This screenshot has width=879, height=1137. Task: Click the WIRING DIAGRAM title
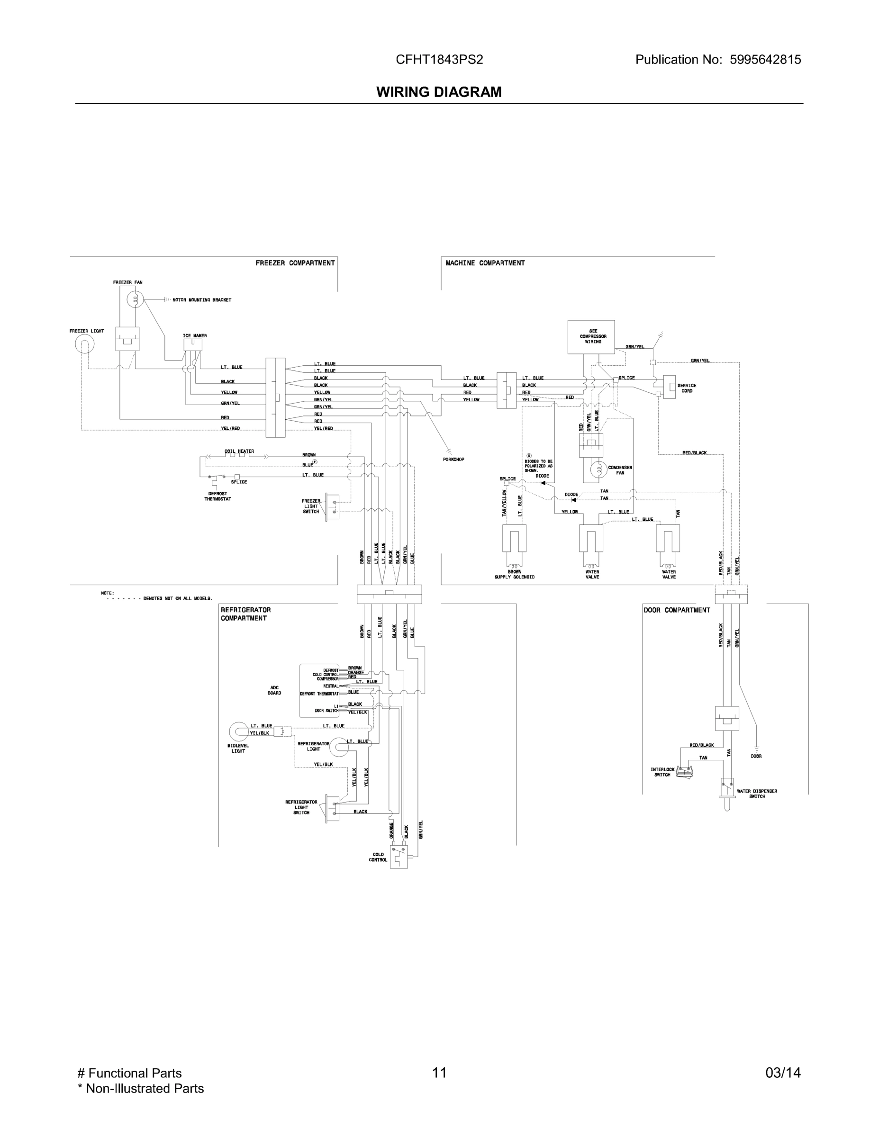click(439, 92)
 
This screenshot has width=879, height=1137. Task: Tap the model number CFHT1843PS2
click(439, 60)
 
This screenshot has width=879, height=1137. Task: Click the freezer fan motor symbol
click(135, 299)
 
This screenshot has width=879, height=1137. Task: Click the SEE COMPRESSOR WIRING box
click(590, 336)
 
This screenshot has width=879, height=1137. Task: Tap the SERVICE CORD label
click(686, 388)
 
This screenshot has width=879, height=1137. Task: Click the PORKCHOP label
click(453, 459)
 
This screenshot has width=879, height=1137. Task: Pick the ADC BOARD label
click(274, 690)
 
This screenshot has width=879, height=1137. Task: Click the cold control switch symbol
click(399, 855)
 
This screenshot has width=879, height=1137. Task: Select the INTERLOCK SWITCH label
click(662, 772)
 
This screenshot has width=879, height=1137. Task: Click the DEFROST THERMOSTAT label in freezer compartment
click(217, 496)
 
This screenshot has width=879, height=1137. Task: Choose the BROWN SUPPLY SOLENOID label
click(514, 574)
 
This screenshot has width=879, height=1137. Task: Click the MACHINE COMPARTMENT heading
click(485, 263)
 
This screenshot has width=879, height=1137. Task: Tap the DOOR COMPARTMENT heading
click(677, 610)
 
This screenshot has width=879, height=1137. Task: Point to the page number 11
click(439, 1073)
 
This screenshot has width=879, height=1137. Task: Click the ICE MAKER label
click(194, 336)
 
